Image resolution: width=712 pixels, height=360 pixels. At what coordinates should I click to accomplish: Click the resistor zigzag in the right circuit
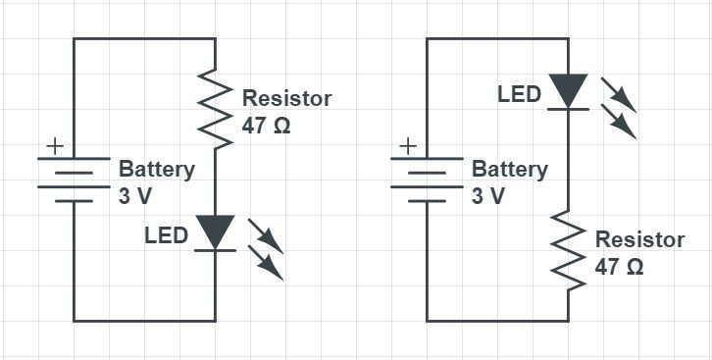click(568, 251)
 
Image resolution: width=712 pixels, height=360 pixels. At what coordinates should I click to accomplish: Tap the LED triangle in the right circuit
click(568, 92)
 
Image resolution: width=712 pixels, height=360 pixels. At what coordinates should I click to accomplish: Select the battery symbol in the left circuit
click(74, 179)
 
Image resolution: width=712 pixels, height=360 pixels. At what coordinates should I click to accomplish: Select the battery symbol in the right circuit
click(427, 179)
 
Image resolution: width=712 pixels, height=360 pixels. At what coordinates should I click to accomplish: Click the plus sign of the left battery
click(55, 146)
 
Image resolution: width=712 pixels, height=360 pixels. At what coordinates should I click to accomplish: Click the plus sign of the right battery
click(408, 146)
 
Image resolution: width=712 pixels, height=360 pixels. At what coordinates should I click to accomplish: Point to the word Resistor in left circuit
click(286, 99)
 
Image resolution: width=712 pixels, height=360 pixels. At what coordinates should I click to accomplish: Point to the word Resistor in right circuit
click(639, 240)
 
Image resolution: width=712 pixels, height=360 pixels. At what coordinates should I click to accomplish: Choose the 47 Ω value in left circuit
click(266, 126)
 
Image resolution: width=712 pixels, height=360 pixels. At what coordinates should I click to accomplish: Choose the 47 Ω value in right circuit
click(619, 267)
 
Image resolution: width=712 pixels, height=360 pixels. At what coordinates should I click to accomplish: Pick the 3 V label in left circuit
click(135, 195)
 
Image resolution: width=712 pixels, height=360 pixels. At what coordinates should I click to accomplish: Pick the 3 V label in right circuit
click(488, 195)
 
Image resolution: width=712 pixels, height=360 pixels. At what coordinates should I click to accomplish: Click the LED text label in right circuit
click(519, 95)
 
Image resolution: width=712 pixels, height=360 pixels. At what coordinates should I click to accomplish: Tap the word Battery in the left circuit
click(156, 169)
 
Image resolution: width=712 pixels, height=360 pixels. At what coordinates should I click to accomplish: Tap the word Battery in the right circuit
click(509, 169)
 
